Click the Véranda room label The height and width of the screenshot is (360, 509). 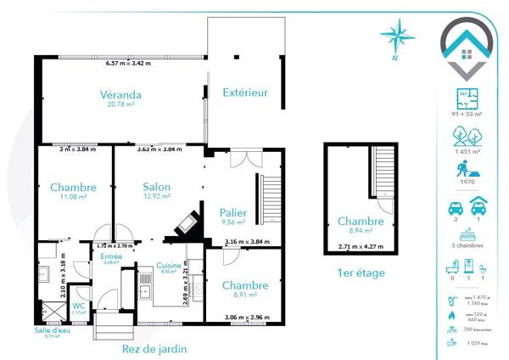(120, 94)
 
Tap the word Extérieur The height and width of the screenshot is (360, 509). (245, 92)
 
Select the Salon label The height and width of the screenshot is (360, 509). (156, 187)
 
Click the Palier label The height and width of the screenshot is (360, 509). (232, 212)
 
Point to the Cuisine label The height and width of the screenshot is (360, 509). (169, 266)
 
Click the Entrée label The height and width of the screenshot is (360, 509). (111, 256)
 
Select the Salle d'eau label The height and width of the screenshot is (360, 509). (52, 330)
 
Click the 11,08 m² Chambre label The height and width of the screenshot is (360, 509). (73, 187)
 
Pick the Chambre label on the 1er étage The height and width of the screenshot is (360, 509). (361, 221)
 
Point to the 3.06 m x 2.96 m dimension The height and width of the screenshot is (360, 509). (247, 318)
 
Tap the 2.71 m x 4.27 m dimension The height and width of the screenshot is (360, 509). (361, 246)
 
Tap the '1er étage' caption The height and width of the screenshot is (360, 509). (361, 273)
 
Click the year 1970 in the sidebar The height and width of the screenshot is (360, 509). (466, 179)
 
